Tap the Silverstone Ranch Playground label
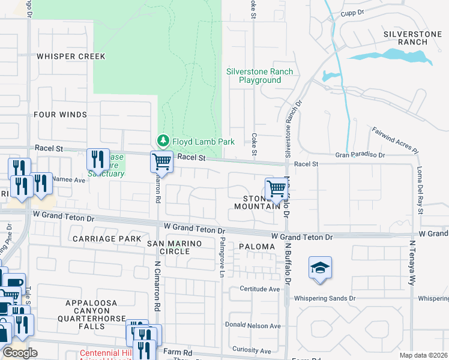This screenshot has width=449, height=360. tap(259, 76)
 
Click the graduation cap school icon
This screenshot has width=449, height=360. tap(321, 268)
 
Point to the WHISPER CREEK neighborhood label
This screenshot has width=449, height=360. tap(71, 56)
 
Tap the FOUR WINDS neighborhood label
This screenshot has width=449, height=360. tap(61, 115)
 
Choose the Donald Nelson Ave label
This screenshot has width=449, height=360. tap(253, 326)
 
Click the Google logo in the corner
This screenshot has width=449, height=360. tap(20, 352)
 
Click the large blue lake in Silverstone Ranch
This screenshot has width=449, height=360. tap(390, 56)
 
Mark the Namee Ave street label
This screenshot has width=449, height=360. tap(70, 179)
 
